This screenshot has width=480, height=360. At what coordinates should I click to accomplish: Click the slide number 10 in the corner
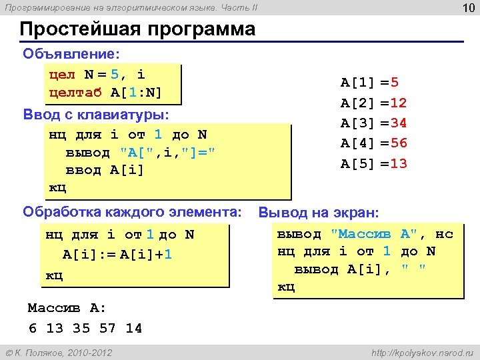pyautogui.click(x=466, y=8)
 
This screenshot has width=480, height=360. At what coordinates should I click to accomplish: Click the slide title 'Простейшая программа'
pyautogui.click(x=137, y=30)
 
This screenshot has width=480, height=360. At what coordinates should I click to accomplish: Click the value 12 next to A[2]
pyautogui.click(x=399, y=103)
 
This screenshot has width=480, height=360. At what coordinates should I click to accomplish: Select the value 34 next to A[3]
pyautogui.click(x=399, y=123)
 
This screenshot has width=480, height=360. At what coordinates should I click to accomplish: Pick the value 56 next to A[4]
pyautogui.click(x=399, y=143)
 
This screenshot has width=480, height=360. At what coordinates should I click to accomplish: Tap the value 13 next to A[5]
pyautogui.click(x=399, y=163)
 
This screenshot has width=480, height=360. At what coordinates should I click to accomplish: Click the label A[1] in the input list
pyautogui.click(x=357, y=83)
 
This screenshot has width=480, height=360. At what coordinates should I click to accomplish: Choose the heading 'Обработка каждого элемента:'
pyautogui.click(x=131, y=212)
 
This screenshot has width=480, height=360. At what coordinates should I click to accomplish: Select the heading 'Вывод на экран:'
pyautogui.click(x=319, y=213)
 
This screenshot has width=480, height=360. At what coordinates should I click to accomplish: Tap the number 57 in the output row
pyautogui.click(x=107, y=328)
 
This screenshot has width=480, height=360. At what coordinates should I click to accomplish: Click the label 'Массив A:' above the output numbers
pyautogui.click(x=67, y=308)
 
